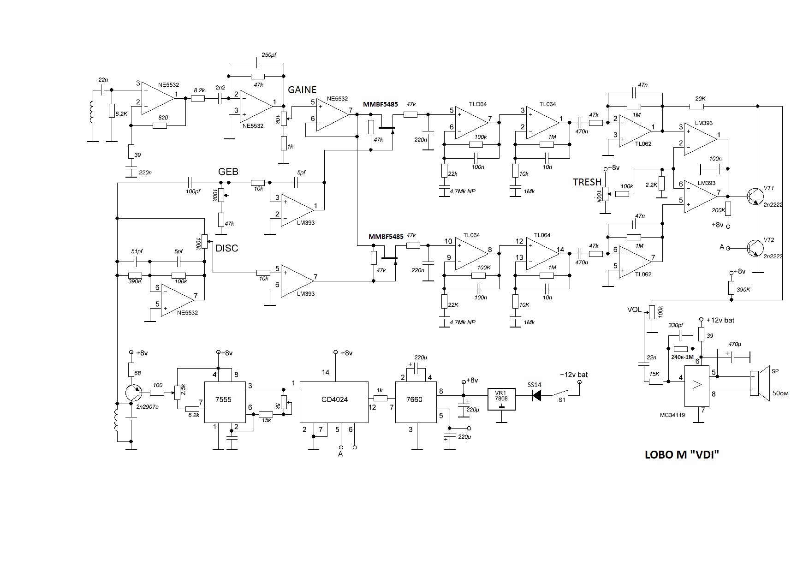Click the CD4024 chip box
pyautogui.click(x=334, y=402)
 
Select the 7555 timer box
pyautogui.click(x=225, y=402)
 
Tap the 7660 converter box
pyautogui.click(x=416, y=402)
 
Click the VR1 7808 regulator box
pyautogui.click(x=502, y=399)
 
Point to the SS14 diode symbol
pyautogui.click(x=536, y=395)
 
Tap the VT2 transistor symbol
pyautogui.click(x=755, y=248)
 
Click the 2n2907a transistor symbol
pyautogui.click(x=134, y=393)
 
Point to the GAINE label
pyautogui.click(x=302, y=89)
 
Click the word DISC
pyautogui.click(x=227, y=248)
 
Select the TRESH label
pyautogui.click(x=587, y=182)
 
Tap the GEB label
pyautogui.click(x=228, y=172)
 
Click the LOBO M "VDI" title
pyautogui.click(x=682, y=455)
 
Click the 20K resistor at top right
pyautogui.click(x=696, y=107)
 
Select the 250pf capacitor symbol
pyautogui.click(x=257, y=62)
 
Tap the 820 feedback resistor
pyautogui.click(x=160, y=125)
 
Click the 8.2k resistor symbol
pyautogui.click(x=198, y=98)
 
